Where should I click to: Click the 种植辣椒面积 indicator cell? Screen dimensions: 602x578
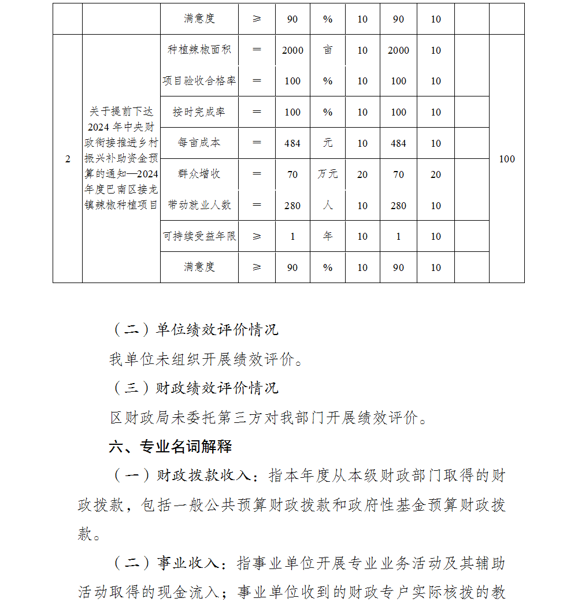[x=199, y=50]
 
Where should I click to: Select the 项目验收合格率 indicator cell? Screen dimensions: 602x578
[x=199, y=81]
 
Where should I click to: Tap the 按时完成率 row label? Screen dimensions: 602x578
[x=199, y=112]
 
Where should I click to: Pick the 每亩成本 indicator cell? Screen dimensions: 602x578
[x=199, y=143]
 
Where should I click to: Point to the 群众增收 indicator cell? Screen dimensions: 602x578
[x=199, y=174]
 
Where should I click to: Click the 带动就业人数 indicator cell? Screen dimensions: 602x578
[x=199, y=205]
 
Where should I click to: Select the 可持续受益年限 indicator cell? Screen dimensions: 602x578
[x=199, y=236]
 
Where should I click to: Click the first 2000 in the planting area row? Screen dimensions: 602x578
[x=292, y=50]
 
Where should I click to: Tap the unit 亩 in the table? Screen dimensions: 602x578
[x=328, y=50]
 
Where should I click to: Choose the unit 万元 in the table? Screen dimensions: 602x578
[x=328, y=174]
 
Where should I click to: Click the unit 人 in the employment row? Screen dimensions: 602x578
[x=328, y=205]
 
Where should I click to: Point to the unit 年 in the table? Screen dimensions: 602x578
[x=328, y=236]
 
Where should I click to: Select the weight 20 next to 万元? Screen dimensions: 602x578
[x=362, y=174]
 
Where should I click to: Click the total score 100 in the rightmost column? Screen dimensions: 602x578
[x=507, y=159]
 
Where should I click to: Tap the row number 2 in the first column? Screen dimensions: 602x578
[x=68, y=159]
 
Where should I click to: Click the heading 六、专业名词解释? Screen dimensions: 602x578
[x=171, y=447]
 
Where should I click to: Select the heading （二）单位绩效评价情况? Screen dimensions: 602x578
[x=195, y=330]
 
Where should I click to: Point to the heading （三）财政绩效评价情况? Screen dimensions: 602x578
[x=195, y=388]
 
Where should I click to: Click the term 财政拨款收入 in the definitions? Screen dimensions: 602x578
[x=203, y=476]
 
